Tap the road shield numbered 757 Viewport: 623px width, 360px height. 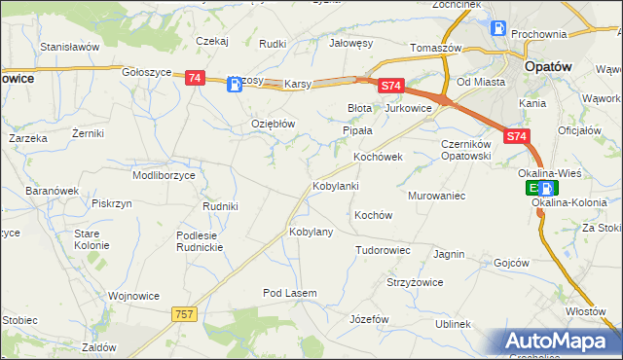[184, 313]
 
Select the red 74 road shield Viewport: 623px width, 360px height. [195, 78]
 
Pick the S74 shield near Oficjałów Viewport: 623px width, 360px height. [517, 138]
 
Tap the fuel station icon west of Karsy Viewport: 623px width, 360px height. [235, 85]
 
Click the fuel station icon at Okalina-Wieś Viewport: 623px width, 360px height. [549, 189]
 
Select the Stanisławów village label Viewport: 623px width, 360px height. [70, 46]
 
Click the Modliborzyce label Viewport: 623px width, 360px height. [164, 175]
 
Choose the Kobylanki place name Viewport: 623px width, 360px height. [336, 185]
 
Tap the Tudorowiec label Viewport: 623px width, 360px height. [383, 250]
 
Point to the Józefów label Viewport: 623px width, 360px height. [369, 319]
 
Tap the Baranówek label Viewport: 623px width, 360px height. [51, 191]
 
